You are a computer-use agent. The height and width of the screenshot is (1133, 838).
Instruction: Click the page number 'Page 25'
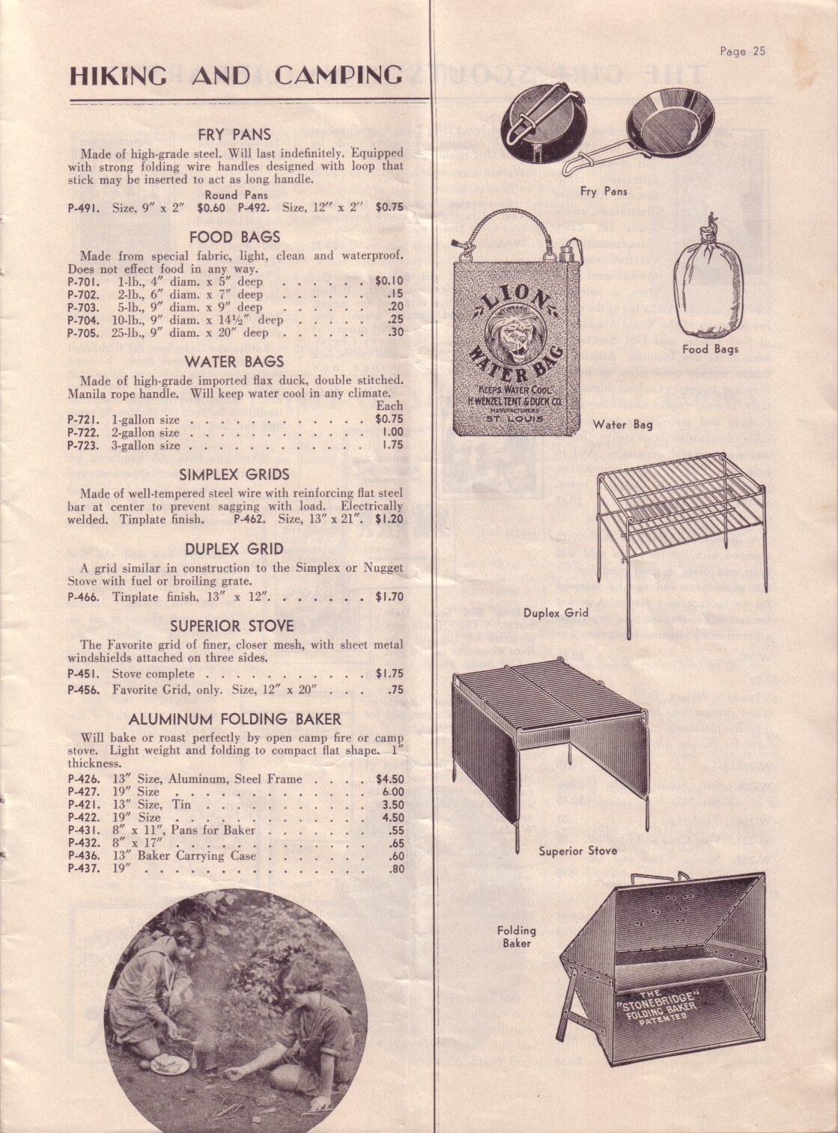click(x=742, y=52)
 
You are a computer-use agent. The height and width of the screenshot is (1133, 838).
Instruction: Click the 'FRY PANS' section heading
click(x=234, y=135)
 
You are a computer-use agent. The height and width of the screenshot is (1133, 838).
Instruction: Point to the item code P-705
click(x=84, y=333)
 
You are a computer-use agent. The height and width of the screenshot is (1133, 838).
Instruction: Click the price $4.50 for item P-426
click(x=389, y=779)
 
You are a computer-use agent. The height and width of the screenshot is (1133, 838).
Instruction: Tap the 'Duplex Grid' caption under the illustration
click(x=556, y=613)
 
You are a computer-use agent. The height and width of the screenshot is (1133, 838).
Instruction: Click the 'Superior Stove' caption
click(x=578, y=851)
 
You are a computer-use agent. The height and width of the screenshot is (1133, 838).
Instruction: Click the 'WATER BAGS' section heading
click(x=234, y=362)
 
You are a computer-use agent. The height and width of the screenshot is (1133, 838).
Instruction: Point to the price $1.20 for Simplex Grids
click(x=389, y=519)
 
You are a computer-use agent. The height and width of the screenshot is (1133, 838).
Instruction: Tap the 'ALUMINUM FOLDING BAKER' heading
click(x=234, y=719)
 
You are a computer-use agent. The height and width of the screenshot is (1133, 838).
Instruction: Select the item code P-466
click(x=84, y=597)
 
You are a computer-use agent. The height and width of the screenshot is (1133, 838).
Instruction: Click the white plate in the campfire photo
click(x=168, y=1063)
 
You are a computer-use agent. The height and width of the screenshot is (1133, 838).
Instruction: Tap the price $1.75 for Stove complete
click(x=389, y=674)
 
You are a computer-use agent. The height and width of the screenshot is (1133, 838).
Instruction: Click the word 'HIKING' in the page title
click(x=118, y=76)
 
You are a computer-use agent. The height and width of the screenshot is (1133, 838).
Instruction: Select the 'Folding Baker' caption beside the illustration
click(x=516, y=937)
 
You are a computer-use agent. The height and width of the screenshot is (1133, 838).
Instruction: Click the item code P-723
click(x=84, y=446)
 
